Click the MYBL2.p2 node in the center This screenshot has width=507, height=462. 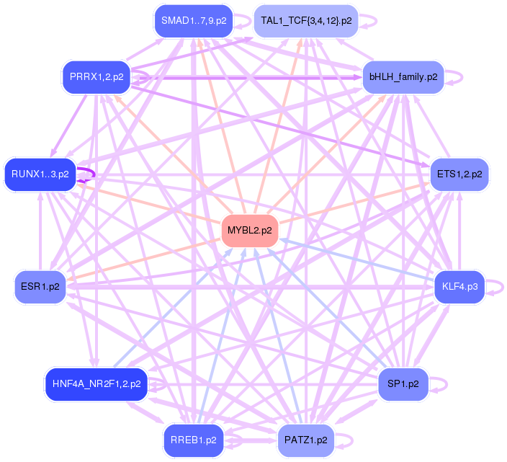pyautogui.click(x=250, y=231)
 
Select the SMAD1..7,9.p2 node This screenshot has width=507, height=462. pyautogui.click(x=193, y=21)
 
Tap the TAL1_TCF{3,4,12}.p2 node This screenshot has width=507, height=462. pyautogui.click(x=306, y=21)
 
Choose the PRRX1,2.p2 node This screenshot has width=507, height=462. pyautogui.click(x=96, y=76)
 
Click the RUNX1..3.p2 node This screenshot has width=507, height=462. pyautogui.click(x=40, y=174)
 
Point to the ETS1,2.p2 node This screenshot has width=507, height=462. pyautogui.click(x=459, y=174)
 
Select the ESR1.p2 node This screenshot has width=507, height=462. pyautogui.click(x=40, y=287)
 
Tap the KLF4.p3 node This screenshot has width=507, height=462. pyautogui.click(x=459, y=287)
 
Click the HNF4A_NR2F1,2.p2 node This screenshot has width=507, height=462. pyautogui.click(x=96, y=384)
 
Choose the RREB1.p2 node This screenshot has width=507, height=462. pyautogui.click(x=193, y=440)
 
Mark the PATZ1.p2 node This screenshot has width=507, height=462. pyautogui.click(x=306, y=440)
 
